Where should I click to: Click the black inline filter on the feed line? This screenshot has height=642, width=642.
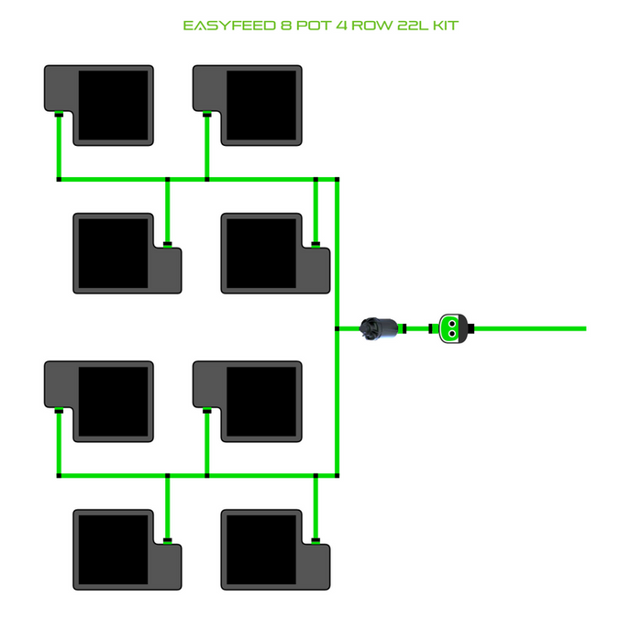tap(379, 327)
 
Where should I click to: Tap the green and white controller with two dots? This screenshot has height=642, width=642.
tap(452, 327)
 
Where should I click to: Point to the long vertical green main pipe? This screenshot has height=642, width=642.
tap(338, 275)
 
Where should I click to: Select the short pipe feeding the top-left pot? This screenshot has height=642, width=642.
tap(58, 147)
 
